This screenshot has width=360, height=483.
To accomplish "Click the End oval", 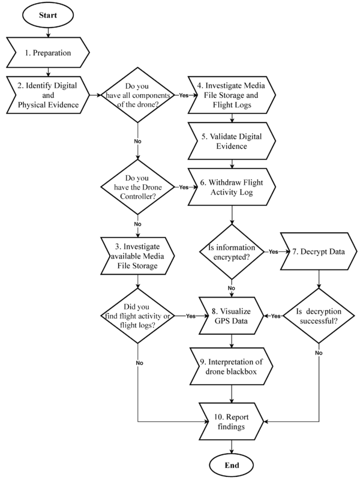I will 232,466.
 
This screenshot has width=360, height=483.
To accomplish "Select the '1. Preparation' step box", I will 49,53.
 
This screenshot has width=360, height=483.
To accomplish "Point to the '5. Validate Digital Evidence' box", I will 232,141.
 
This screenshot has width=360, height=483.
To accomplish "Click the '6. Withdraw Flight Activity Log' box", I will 232,187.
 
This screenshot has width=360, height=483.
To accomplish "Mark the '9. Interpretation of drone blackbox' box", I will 232,367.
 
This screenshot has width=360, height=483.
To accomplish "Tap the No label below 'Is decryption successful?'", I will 319,353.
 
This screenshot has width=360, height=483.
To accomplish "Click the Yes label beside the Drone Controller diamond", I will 184,187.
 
